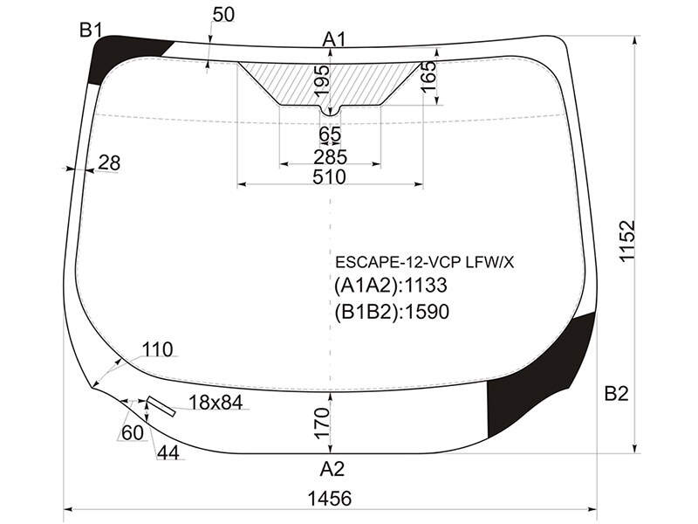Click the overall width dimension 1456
pos(330,499)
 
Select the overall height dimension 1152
pos(627,241)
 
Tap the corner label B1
pos(91,31)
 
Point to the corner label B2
pos(616,394)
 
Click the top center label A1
pos(334,40)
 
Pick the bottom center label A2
pos(332,469)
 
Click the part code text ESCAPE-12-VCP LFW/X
pos(424,263)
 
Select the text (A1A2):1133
pos(390,286)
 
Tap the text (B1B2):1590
pos(392,312)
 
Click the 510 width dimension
pos(330,177)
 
